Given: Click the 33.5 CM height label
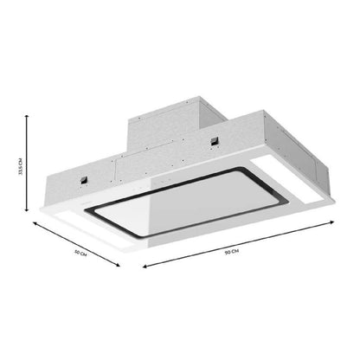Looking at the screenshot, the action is (x=20, y=166).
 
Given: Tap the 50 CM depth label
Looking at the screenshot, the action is (x=80, y=254).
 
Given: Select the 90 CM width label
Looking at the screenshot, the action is (x=232, y=252).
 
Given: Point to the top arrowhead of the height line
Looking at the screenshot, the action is (x=27, y=116).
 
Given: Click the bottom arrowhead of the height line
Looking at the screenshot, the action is (x=27, y=209).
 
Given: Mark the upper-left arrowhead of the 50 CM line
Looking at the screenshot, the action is (x=35, y=223).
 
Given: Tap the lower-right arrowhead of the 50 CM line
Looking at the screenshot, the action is (x=117, y=265).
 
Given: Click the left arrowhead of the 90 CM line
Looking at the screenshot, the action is (x=145, y=267).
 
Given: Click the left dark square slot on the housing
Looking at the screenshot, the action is (x=84, y=180).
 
